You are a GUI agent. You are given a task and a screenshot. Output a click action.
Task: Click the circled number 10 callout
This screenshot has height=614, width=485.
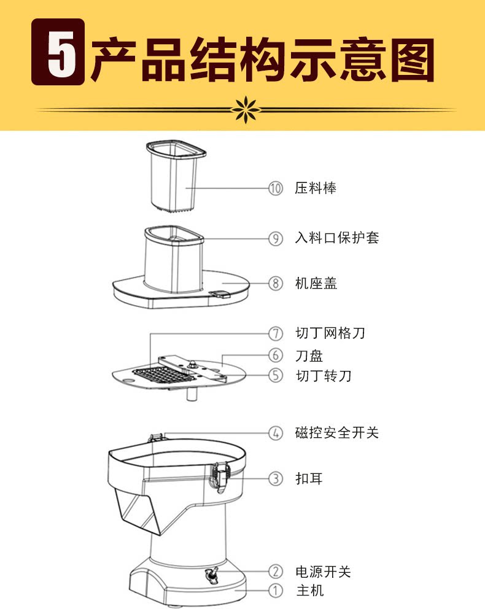tap(276, 188)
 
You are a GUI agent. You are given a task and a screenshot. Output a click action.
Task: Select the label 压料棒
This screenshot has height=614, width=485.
tap(316, 188)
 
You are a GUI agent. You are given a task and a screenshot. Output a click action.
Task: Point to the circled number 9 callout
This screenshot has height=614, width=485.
tap(276, 238)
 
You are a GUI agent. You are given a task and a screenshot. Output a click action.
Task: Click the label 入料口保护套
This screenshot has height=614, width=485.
tap(336, 238)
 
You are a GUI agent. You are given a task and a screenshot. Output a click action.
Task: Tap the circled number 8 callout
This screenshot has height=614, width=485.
tap(276, 284)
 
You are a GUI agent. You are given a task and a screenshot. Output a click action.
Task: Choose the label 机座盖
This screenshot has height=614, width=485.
tap(316, 284)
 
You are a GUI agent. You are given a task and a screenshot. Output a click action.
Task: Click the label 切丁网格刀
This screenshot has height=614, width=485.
tap(330, 333)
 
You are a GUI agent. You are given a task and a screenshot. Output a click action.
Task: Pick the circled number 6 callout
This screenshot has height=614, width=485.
tap(276, 355)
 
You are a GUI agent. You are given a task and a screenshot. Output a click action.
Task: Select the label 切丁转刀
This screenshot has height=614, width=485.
tap(323, 375)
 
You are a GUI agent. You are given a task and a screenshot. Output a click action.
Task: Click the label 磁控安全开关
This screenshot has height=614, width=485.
tap(336, 433)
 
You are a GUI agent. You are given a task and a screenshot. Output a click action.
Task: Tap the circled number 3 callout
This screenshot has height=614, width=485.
tap(276, 478)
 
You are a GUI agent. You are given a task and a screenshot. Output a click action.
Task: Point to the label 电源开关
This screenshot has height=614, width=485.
tap(323, 572)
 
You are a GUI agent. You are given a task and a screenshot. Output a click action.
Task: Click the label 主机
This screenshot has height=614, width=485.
tap(309, 591)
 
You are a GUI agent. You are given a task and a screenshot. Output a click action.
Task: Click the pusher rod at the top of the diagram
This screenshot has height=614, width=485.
tap(174, 174)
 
